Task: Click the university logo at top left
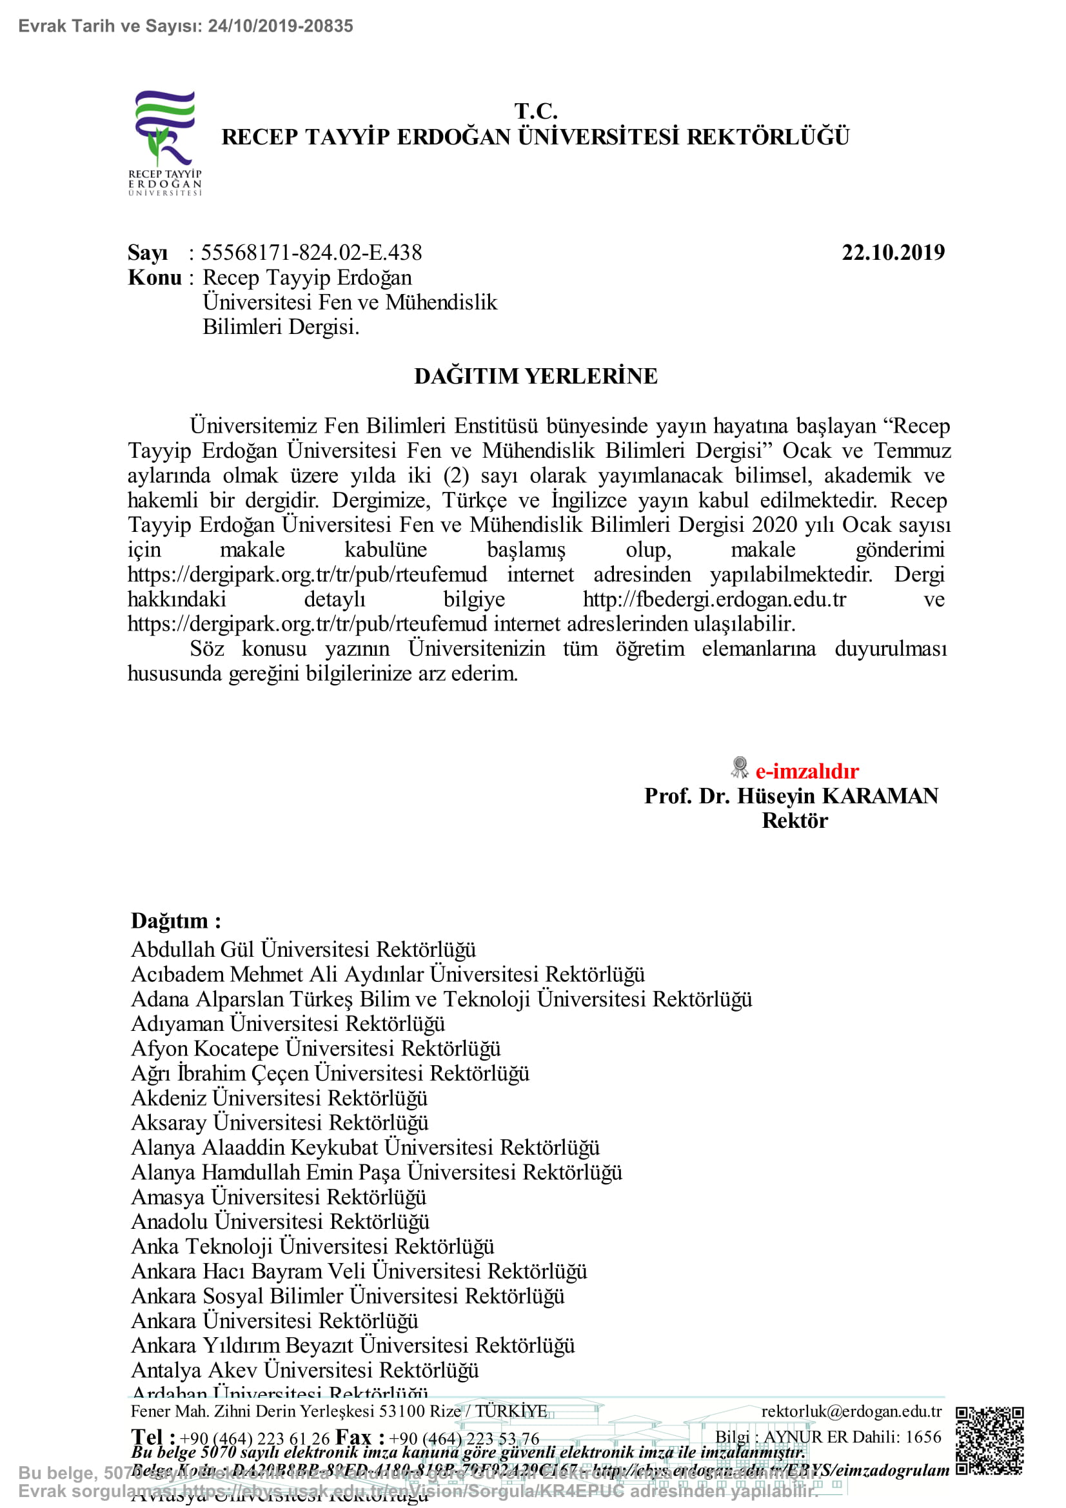(x=165, y=142)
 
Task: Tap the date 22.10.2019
(x=893, y=253)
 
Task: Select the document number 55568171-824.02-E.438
(x=311, y=253)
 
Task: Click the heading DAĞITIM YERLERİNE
(x=535, y=377)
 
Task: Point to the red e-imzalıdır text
(x=807, y=771)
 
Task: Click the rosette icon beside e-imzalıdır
(x=740, y=767)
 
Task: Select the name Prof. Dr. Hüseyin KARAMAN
(x=791, y=796)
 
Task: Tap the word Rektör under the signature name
(x=795, y=821)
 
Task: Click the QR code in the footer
(x=989, y=1441)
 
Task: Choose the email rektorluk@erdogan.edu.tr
(x=851, y=1411)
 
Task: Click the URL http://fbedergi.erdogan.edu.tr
(x=715, y=600)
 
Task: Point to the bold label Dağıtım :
(x=176, y=921)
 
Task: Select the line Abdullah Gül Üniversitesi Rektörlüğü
(x=304, y=950)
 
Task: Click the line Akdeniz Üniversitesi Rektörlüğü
(x=279, y=1098)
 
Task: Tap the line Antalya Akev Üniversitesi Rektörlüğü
(x=305, y=1370)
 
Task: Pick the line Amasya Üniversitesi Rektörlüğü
(x=279, y=1197)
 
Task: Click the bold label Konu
(x=155, y=278)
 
